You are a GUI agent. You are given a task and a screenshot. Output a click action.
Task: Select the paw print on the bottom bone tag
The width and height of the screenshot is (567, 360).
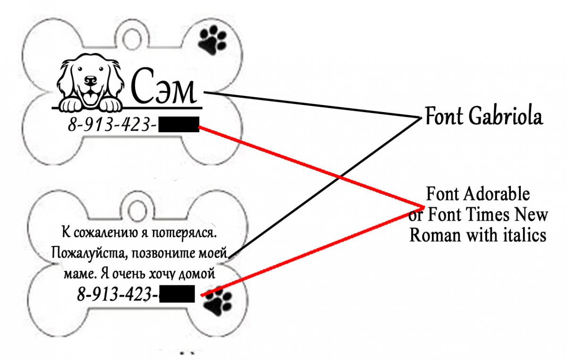point(217,303)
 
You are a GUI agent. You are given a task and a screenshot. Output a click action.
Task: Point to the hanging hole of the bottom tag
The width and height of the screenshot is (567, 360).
point(137,208)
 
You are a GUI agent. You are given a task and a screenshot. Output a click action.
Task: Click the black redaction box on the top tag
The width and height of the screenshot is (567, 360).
point(178,125)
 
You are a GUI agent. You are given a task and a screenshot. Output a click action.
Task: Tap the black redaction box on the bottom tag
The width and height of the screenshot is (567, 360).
point(177,294)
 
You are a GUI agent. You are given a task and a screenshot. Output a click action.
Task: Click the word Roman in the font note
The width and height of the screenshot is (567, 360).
point(435,235)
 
